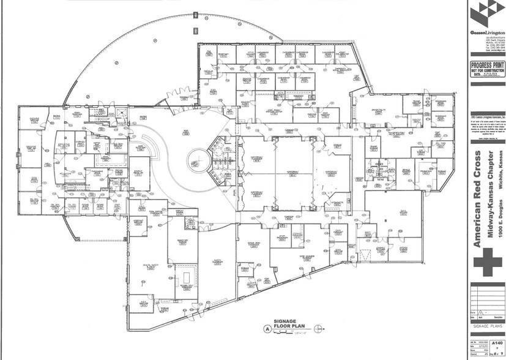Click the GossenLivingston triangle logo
pyautogui.click(x=485, y=13)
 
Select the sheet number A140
pyautogui.click(x=497, y=343)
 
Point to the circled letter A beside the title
pyautogui.click(x=267, y=329)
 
